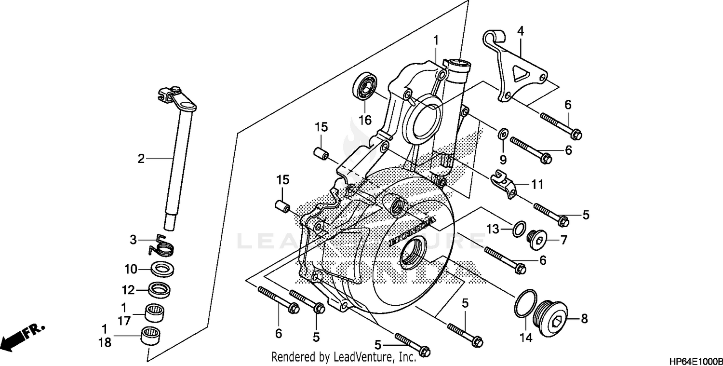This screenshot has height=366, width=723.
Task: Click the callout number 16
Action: (365, 120)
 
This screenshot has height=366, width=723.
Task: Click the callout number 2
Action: (141, 159)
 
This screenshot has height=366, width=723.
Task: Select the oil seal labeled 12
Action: (160, 290)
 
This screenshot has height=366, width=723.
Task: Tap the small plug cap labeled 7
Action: (537, 238)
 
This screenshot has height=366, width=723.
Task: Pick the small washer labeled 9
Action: (502, 132)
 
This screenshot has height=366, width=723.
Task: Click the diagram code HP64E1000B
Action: (695, 361)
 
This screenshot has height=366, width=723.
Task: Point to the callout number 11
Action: (537, 184)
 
